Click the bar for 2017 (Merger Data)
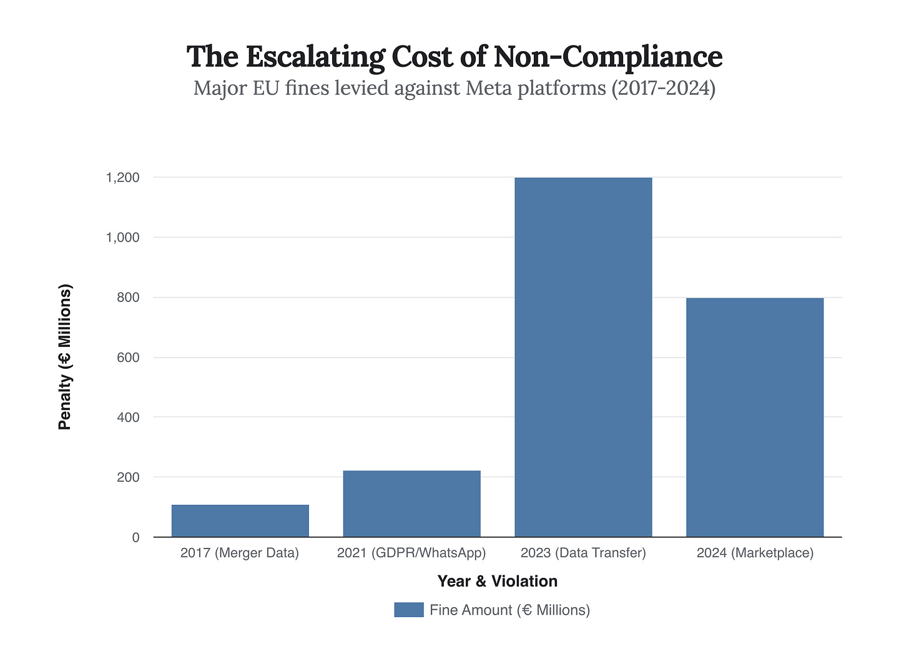pos(240,520)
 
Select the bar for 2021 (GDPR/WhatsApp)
pos(412,504)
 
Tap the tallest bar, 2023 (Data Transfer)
pos(583,357)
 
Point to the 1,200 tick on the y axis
pos(123,178)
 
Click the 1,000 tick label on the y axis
pos(123,238)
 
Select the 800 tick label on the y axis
pos(127,298)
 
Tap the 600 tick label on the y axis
pos(127,358)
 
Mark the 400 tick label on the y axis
pos(127,417)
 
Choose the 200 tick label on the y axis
pos(127,477)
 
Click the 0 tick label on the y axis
pos(135,537)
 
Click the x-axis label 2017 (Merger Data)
pos(240,553)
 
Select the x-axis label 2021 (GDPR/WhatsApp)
pos(411,553)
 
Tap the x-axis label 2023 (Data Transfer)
pos(583,553)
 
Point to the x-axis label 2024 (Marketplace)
pos(755,553)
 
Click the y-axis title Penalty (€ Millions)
pos(65,357)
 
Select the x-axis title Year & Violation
pos(498,581)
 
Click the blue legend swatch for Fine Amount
pos(409,610)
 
